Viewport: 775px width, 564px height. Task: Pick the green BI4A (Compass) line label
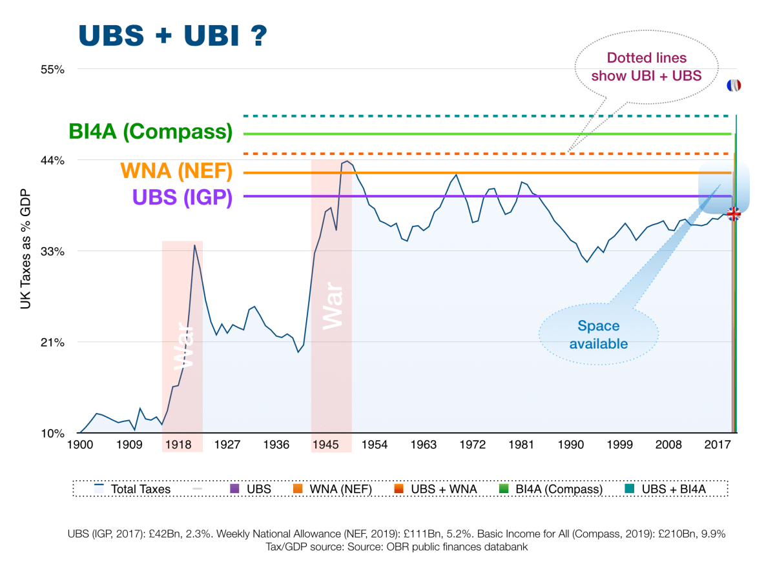coord(150,132)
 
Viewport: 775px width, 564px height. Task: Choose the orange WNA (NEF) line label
coord(176,172)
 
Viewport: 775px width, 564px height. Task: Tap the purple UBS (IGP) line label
coord(182,197)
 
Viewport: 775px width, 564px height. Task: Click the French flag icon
coord(733,85)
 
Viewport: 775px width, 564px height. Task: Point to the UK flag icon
coord(734,214)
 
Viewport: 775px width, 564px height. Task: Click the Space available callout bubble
coord(598,334)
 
